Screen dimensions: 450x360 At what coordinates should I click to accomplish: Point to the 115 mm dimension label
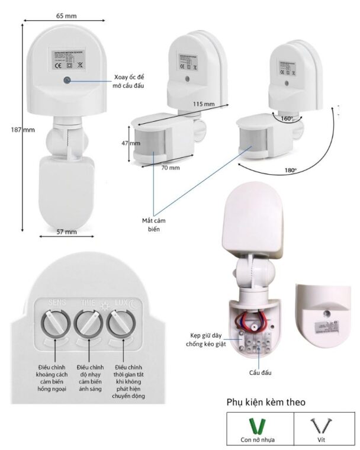204,104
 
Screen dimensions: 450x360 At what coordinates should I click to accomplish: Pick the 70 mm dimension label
171,168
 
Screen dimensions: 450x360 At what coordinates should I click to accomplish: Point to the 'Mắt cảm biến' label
154,223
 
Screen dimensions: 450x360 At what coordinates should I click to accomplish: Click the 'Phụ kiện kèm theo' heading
266,402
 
